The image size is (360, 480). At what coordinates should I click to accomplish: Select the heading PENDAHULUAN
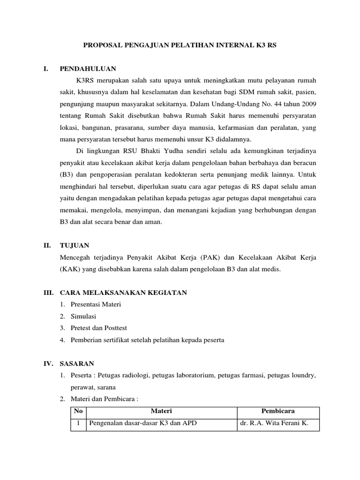(88, 68)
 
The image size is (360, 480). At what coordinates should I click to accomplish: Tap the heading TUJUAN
(75, 245)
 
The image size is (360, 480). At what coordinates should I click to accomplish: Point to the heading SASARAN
(77, 363)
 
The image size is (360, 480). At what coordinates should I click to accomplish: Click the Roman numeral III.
(48, 292)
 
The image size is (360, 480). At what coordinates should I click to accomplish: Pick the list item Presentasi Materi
(96, 305)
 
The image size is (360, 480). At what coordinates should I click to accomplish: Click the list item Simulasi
(83, 316)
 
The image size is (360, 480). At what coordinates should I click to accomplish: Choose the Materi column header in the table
(161, 411)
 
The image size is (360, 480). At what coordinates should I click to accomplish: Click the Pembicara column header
(278, 411)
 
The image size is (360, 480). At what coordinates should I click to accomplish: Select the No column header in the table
(78, 411)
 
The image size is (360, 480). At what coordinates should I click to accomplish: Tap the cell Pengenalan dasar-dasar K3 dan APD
(143, 423)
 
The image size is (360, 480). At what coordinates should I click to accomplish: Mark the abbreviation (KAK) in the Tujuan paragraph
(70, 269)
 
